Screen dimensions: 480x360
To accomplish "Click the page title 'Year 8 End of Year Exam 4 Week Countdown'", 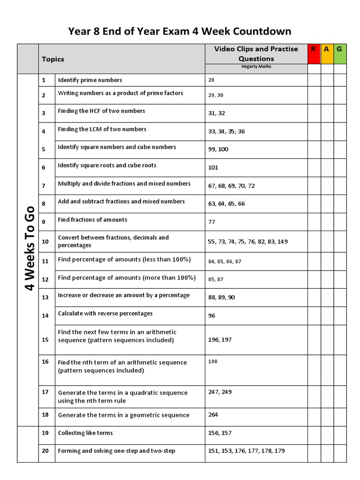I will tap(180, 31).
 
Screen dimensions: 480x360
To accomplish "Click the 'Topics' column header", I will tap(53, 59).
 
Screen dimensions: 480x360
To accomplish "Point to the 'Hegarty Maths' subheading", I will tap(256, 67).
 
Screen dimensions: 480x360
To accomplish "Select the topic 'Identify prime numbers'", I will tap(90, 80).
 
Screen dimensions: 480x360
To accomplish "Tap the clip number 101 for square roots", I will tap(213, 167).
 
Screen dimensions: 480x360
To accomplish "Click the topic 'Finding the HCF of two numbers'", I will tap(101, 111).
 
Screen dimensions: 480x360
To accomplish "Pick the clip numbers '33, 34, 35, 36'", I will tap(226, 131).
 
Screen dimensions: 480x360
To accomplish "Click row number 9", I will tap(44, 222).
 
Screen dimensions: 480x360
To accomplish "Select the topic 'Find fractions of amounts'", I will tap(92, 220).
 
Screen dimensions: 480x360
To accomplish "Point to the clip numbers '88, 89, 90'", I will tap(221, 297).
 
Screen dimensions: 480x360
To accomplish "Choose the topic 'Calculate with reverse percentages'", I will tap(105, 314).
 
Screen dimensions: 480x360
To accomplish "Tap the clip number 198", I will tap(213, 361).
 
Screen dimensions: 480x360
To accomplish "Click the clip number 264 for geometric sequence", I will tap(213, 414).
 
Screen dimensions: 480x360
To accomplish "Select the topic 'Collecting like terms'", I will tap(85, 433).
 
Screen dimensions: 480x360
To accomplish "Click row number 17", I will tap(45, 391).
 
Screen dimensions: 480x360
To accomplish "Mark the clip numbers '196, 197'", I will tap(220, 339).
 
